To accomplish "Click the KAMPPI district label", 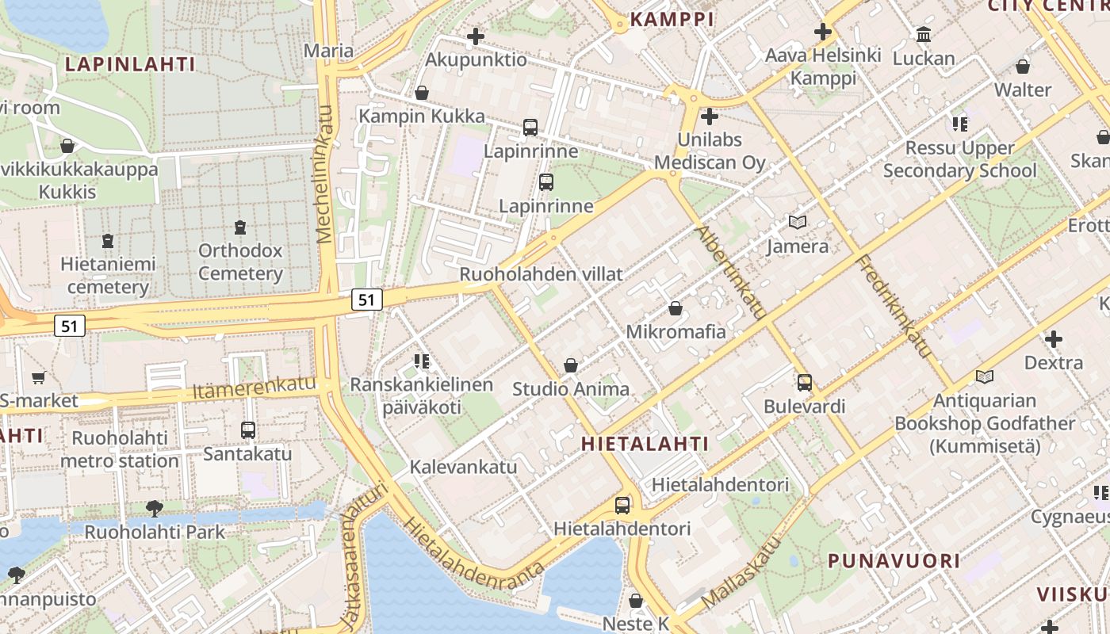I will [672, 19].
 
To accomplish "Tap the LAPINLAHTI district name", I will [130, 64].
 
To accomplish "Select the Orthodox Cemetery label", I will [240, 262].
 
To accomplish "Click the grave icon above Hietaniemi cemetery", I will [108, 240].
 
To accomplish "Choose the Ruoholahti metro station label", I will [120, 449].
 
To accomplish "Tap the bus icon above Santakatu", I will [248, 430].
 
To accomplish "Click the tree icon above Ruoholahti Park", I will [155, 508].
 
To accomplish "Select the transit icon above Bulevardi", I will [805, 383].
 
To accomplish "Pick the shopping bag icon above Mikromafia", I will [676, 308].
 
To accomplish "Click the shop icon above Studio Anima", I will [570, 365].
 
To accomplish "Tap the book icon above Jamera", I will [797, 223].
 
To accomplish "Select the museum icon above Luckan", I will [924, 35].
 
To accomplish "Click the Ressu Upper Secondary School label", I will [959, 159].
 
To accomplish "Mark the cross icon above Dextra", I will [1053, 340].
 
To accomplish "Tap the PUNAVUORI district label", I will [894, 561].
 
